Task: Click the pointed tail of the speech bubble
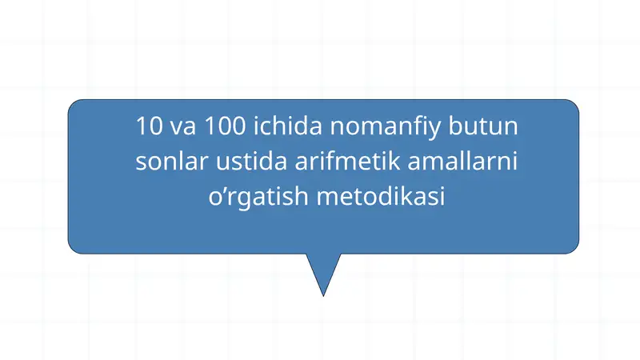[x=323, y=292]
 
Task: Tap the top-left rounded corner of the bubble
[x=74, y=106]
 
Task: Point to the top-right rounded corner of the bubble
[x=572, y=106]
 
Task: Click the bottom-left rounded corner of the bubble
[x=74, y=247]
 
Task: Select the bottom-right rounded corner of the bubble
[x=572, y=247]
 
